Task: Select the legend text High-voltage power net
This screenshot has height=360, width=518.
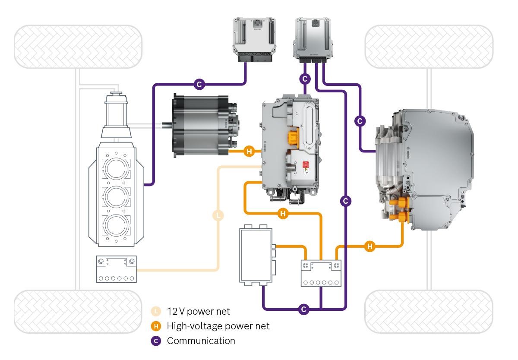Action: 218,326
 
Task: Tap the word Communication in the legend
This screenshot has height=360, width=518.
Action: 201,341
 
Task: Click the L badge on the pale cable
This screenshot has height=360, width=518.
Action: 218,215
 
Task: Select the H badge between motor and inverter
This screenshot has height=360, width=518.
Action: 249,152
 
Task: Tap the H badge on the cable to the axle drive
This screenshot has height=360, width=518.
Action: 370,246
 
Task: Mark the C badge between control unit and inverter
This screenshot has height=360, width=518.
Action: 305,79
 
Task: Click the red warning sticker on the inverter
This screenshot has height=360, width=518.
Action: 306,165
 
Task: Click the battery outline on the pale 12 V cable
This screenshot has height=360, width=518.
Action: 116,269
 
